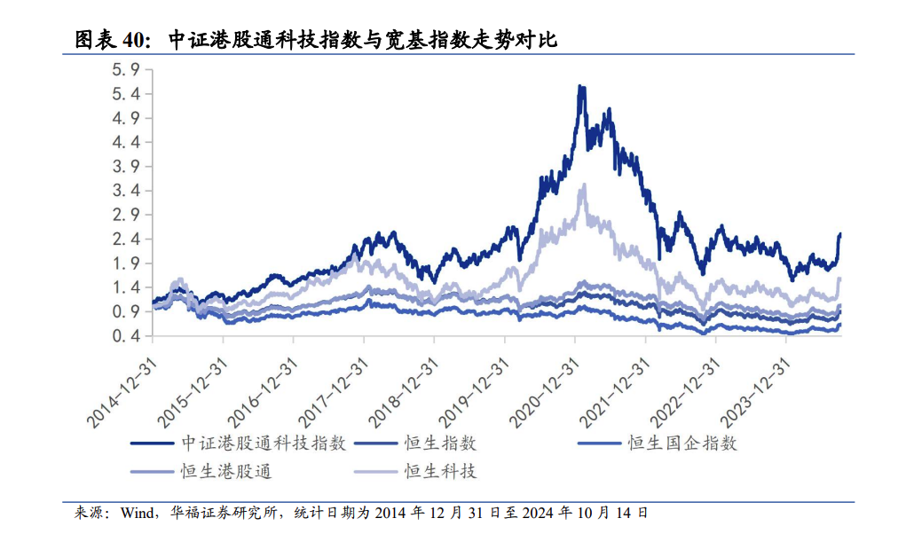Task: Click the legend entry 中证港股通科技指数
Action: (x=264, y=443)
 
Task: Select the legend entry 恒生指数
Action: (x=441, y=443)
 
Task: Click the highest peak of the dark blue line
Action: (x=580, y=87)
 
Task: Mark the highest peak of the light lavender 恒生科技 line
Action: (x=583, y=185)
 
